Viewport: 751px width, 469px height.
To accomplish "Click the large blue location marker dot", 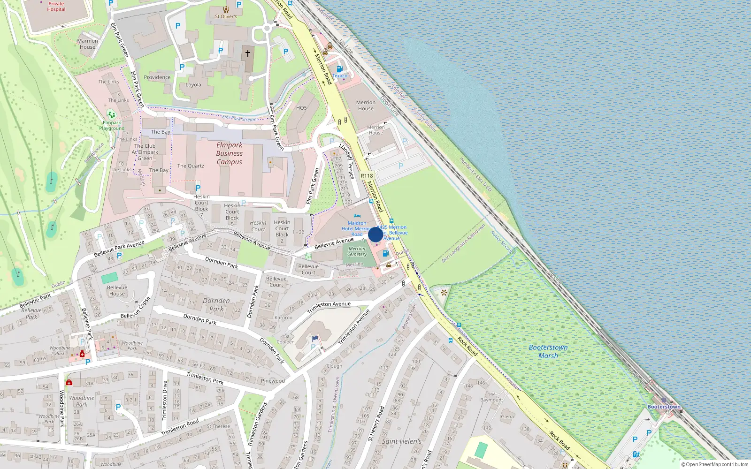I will pos(375,234).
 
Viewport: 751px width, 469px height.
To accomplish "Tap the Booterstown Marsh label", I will pos(548,351).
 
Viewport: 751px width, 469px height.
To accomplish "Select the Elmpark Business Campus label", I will pos(230,153).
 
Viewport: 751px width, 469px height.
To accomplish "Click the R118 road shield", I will pos(367,176).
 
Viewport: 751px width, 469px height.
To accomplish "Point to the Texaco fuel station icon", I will pos(339,69).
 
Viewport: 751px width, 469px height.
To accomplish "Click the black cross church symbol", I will pos(248,53).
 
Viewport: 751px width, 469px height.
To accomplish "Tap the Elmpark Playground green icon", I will pos(111,114).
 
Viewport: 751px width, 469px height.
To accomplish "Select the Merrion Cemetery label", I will pos(357,252).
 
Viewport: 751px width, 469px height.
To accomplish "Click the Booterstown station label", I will pos(664,407).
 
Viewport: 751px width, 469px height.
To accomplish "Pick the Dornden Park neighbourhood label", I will pos(216,305).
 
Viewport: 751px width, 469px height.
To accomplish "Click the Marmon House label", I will pos(87,44).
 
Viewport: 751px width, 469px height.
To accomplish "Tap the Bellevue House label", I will pos(117,290).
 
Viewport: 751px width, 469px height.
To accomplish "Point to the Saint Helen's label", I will pos(402,441).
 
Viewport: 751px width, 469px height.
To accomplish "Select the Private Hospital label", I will pos(56,6).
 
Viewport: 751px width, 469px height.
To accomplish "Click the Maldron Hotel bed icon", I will pos(357,216).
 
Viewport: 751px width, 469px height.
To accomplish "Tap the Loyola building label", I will pos(193,85).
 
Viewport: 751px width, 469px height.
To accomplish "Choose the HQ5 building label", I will pos(301,108).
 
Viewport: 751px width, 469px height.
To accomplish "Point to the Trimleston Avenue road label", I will pos(329,307).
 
